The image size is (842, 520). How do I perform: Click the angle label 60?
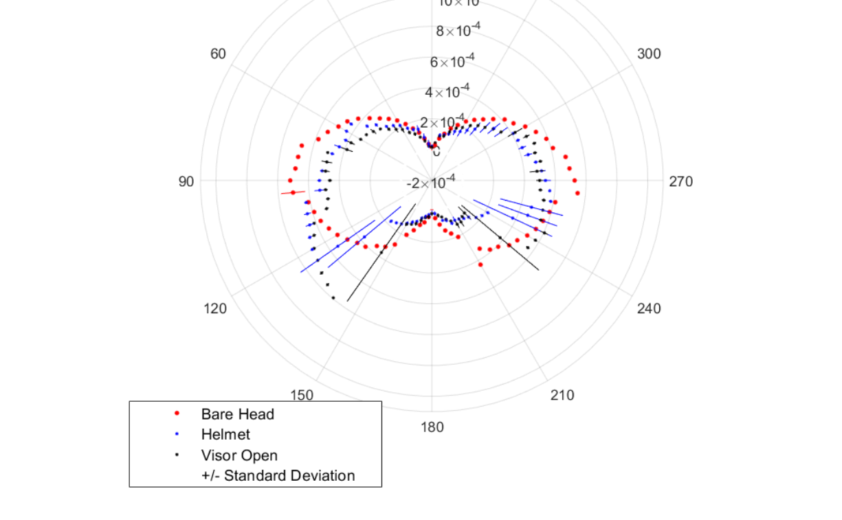218,54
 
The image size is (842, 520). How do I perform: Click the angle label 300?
649,54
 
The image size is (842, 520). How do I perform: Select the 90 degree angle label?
186,181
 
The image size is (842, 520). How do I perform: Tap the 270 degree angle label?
680,181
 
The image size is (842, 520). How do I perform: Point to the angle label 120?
215,308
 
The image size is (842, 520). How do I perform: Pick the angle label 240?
649,308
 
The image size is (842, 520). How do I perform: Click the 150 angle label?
302,395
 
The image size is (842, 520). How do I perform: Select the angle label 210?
562,395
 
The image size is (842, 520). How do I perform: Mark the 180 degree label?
432,427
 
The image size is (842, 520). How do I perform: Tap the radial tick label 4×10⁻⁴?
447,91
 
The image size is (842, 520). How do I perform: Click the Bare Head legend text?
238,414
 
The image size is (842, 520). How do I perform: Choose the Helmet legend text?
225,434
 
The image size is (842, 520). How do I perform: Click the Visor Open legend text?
239,455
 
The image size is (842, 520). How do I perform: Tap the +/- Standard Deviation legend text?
278,475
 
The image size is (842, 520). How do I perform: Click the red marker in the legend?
177,414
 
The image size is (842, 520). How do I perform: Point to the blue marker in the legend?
177,434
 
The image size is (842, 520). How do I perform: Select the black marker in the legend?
177,455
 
